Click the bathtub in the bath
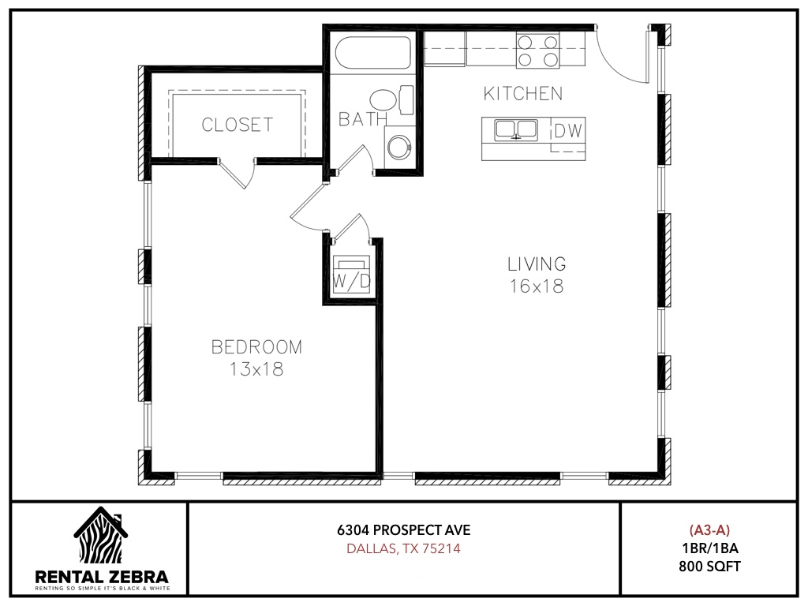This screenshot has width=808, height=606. tap(373, 52)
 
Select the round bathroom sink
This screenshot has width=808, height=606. tap(399, 146)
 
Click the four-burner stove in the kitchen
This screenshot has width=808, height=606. tap(537, 50)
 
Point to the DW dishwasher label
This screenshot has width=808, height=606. tap(568, 131)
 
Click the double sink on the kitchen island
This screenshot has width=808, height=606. tap(516, 130)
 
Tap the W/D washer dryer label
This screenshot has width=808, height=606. tap(351, 282)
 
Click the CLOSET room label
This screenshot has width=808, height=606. tap(237, 125)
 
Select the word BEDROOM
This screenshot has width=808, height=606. tap(256, 347)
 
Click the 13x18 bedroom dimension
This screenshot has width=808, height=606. tap(256, 369)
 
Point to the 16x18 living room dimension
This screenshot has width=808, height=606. tap(537, 286)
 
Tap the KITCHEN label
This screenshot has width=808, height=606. tap(523, 94)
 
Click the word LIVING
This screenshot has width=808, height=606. tap(537, 264)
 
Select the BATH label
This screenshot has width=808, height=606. tap(363, 120)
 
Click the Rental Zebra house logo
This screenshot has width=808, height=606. tap(101, 535)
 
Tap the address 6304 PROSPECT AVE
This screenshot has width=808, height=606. tap(404, 529)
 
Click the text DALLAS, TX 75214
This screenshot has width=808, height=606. tap(403, 548)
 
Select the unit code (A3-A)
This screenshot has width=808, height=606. tap(709, 529)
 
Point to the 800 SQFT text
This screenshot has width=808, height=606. tap(709, 567)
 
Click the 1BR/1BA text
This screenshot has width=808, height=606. tap(709, 548)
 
